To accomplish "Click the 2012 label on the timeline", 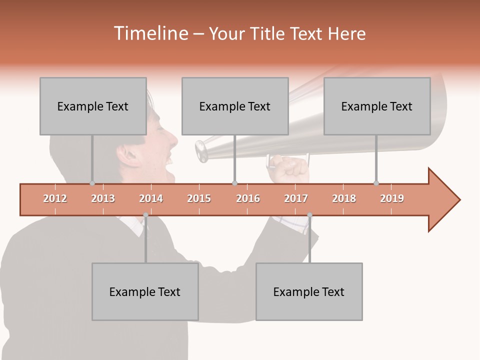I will pyautogui.click(x=55, y=198).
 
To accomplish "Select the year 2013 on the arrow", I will pyautogui.click(x=103, y=198).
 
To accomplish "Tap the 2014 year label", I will pyautogui.click(x=151, y=198).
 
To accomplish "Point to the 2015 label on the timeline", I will pyautogui.click(x=199, y=198).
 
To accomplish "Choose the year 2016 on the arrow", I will pyautogui.click(x=248, y=198).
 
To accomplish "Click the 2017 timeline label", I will pyautogui.click(x=296, y=198).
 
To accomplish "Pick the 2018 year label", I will pyautogui.click(x=344, y=198).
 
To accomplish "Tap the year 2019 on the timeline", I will pyautogui.click(x=392, y=198).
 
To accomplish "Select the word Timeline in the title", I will pyautogui.click(x=150, y=33).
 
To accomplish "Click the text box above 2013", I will pyautogui.click(x=93, y=106).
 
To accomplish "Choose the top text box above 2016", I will pyautogui.click(x=235, y=106).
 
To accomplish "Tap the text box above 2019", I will pyautogui.click(x=377, y=106).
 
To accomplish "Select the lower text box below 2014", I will pyautogui.click(x=145, y=291).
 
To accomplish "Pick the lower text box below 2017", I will pyautogui.click(x=309, y=291).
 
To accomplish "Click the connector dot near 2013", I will pyautogui.click(x=92, y=183).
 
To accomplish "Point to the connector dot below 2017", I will pyautogui.click(x=309, y=215).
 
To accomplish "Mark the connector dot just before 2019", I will pyautogui.click(x=376, y=183).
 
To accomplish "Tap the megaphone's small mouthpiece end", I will pyautogui.click(x=201, y=151).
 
